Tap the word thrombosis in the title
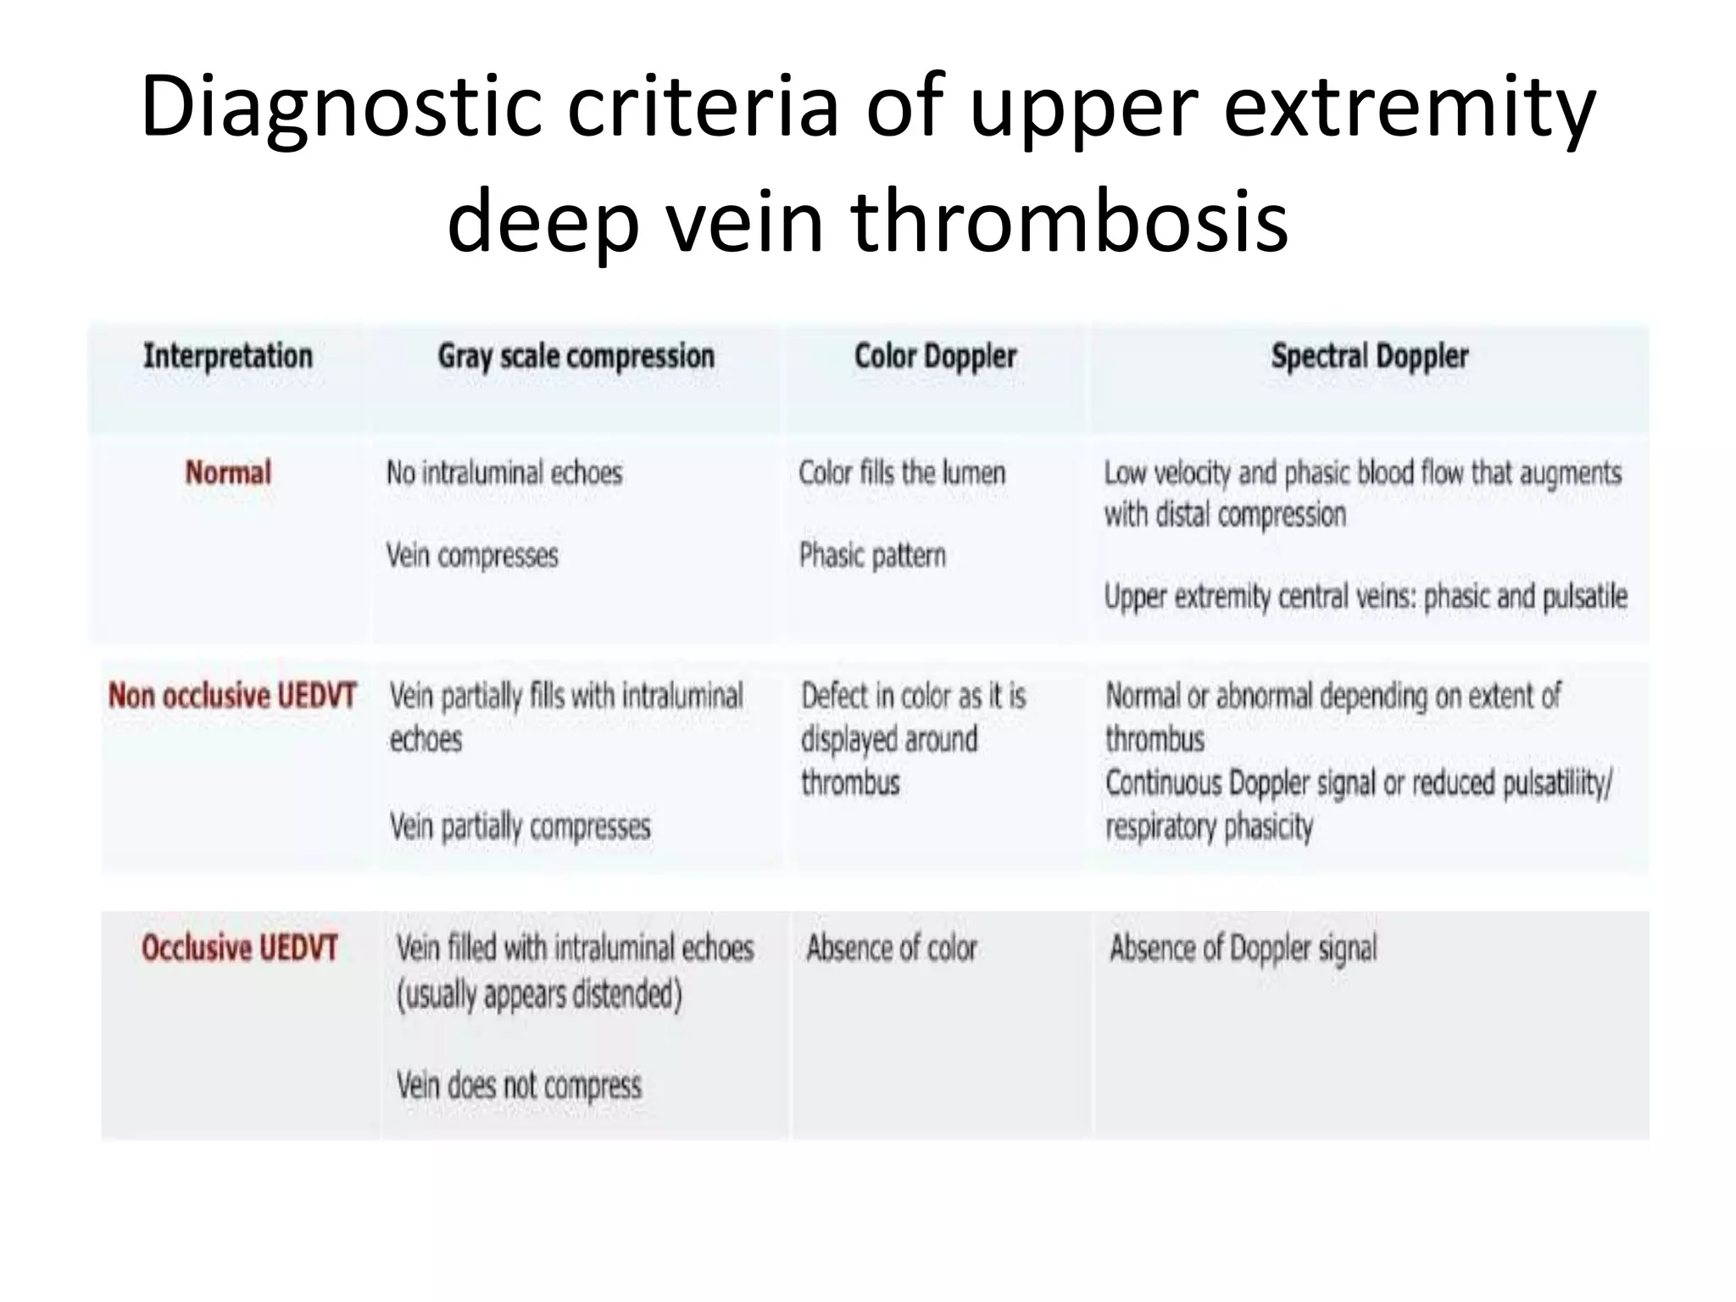coord(1069,221)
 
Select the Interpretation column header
coord(228,356)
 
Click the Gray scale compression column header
coord(576,357)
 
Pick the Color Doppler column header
coord(935,356)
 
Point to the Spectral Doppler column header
coord(1369,356)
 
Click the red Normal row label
coord(228,472)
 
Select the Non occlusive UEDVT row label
coord(232,695)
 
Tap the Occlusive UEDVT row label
coord(240,948)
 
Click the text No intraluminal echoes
coord(504,472)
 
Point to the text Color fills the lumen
coord(902,472)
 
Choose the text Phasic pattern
coord(872,556)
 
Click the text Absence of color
coord(892,948)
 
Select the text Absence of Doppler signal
coord(1244,948)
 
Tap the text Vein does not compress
coord(519,1085)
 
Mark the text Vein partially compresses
coord(520,826)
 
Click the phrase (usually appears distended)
coord(539,994)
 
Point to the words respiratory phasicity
coord(1209,826)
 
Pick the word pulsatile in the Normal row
coord(1584,597)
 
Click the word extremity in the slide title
coord(1410,107)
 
